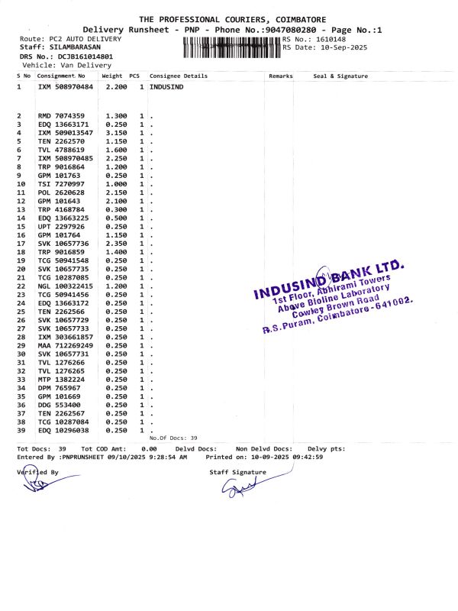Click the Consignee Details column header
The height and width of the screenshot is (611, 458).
(x=179, y=76)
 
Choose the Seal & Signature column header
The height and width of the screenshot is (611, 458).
(x=340, y=76)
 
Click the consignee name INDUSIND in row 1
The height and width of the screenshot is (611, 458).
(x=166, y=88)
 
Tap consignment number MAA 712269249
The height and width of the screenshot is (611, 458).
(x=65, y=345)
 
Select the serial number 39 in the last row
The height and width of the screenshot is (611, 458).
(x=21, y=430)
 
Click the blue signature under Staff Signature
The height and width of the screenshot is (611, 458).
(x=243, y=489)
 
